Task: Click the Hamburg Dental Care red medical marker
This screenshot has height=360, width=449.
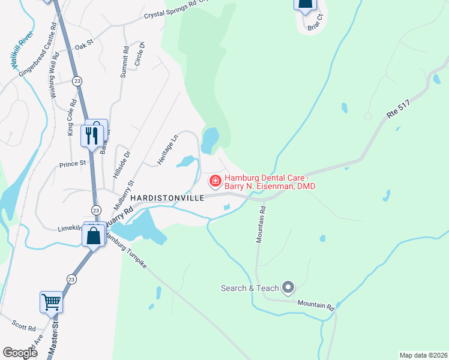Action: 214,180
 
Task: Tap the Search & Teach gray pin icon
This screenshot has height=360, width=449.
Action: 288,288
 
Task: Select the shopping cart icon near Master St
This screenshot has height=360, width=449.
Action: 51,301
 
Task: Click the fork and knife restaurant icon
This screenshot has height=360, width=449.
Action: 91,135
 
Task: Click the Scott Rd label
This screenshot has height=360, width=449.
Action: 25,328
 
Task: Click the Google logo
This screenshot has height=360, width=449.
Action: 20,353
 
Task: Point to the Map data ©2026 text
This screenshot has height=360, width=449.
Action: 423,355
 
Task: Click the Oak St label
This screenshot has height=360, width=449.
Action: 85,44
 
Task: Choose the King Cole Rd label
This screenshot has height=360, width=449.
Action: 70,117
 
